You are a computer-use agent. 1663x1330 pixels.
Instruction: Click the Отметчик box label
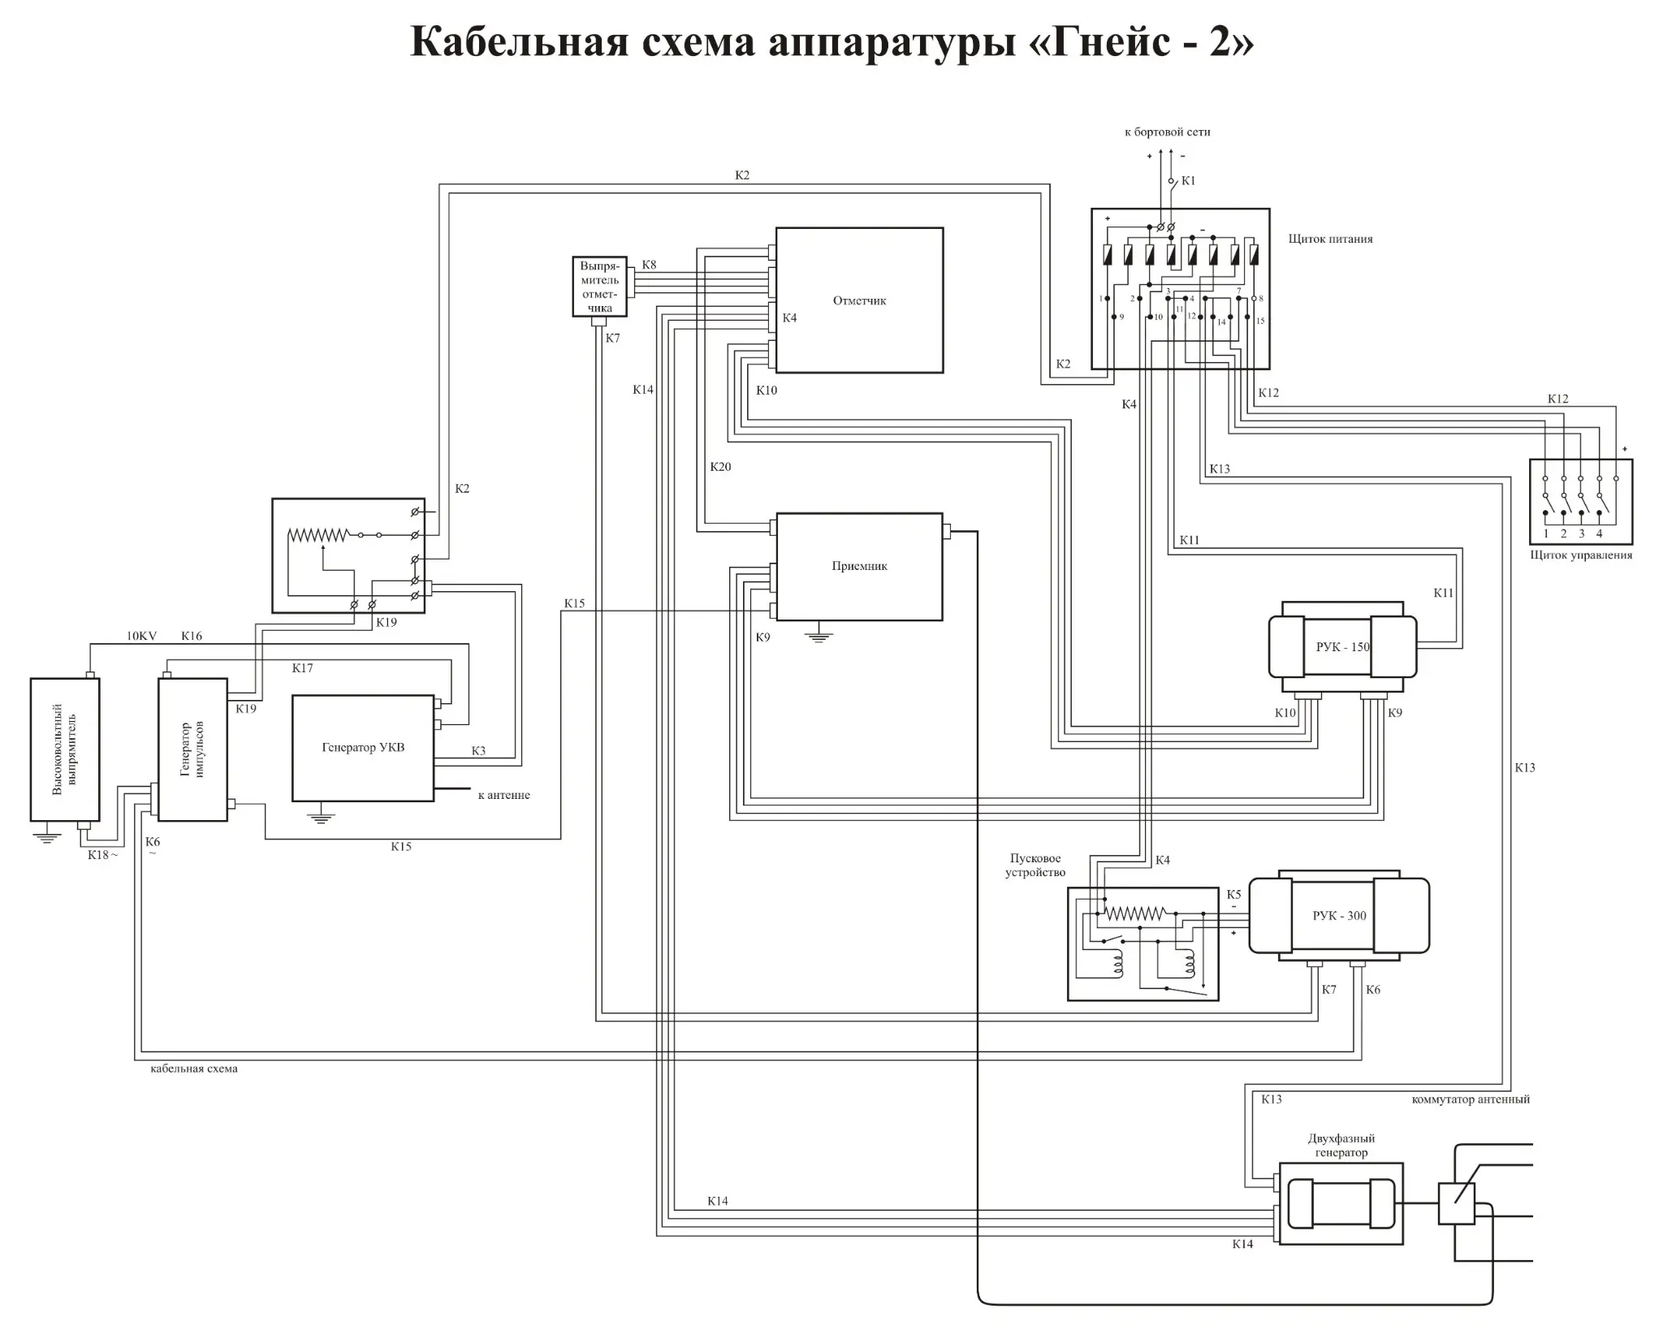859,300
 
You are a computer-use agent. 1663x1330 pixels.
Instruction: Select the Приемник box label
859,566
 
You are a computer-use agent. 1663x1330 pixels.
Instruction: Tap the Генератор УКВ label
363,747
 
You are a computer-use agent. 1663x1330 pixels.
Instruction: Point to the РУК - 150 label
1342,647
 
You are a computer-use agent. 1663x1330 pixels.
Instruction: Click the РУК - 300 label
1339,915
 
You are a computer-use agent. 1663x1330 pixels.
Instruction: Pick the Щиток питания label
1330,239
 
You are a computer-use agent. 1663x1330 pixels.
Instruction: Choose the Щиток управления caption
1581,555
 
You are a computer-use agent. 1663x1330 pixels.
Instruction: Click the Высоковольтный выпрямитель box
65,749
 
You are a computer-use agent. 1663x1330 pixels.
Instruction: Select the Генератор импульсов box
192,749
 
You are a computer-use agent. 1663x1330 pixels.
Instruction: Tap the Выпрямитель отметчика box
600,287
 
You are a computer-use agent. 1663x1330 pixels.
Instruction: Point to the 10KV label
141,636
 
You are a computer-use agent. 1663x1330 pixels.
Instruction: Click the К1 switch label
1188,181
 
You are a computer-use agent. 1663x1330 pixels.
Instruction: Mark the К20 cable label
720,467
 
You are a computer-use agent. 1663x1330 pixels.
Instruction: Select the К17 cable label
302,668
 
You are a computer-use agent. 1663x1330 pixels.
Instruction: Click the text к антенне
503,795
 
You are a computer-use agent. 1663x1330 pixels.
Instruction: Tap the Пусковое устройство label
1035,866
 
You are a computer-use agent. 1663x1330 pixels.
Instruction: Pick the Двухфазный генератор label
1341,1145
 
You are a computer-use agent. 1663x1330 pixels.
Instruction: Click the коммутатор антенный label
1471,1099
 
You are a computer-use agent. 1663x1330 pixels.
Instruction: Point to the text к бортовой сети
1167,132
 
